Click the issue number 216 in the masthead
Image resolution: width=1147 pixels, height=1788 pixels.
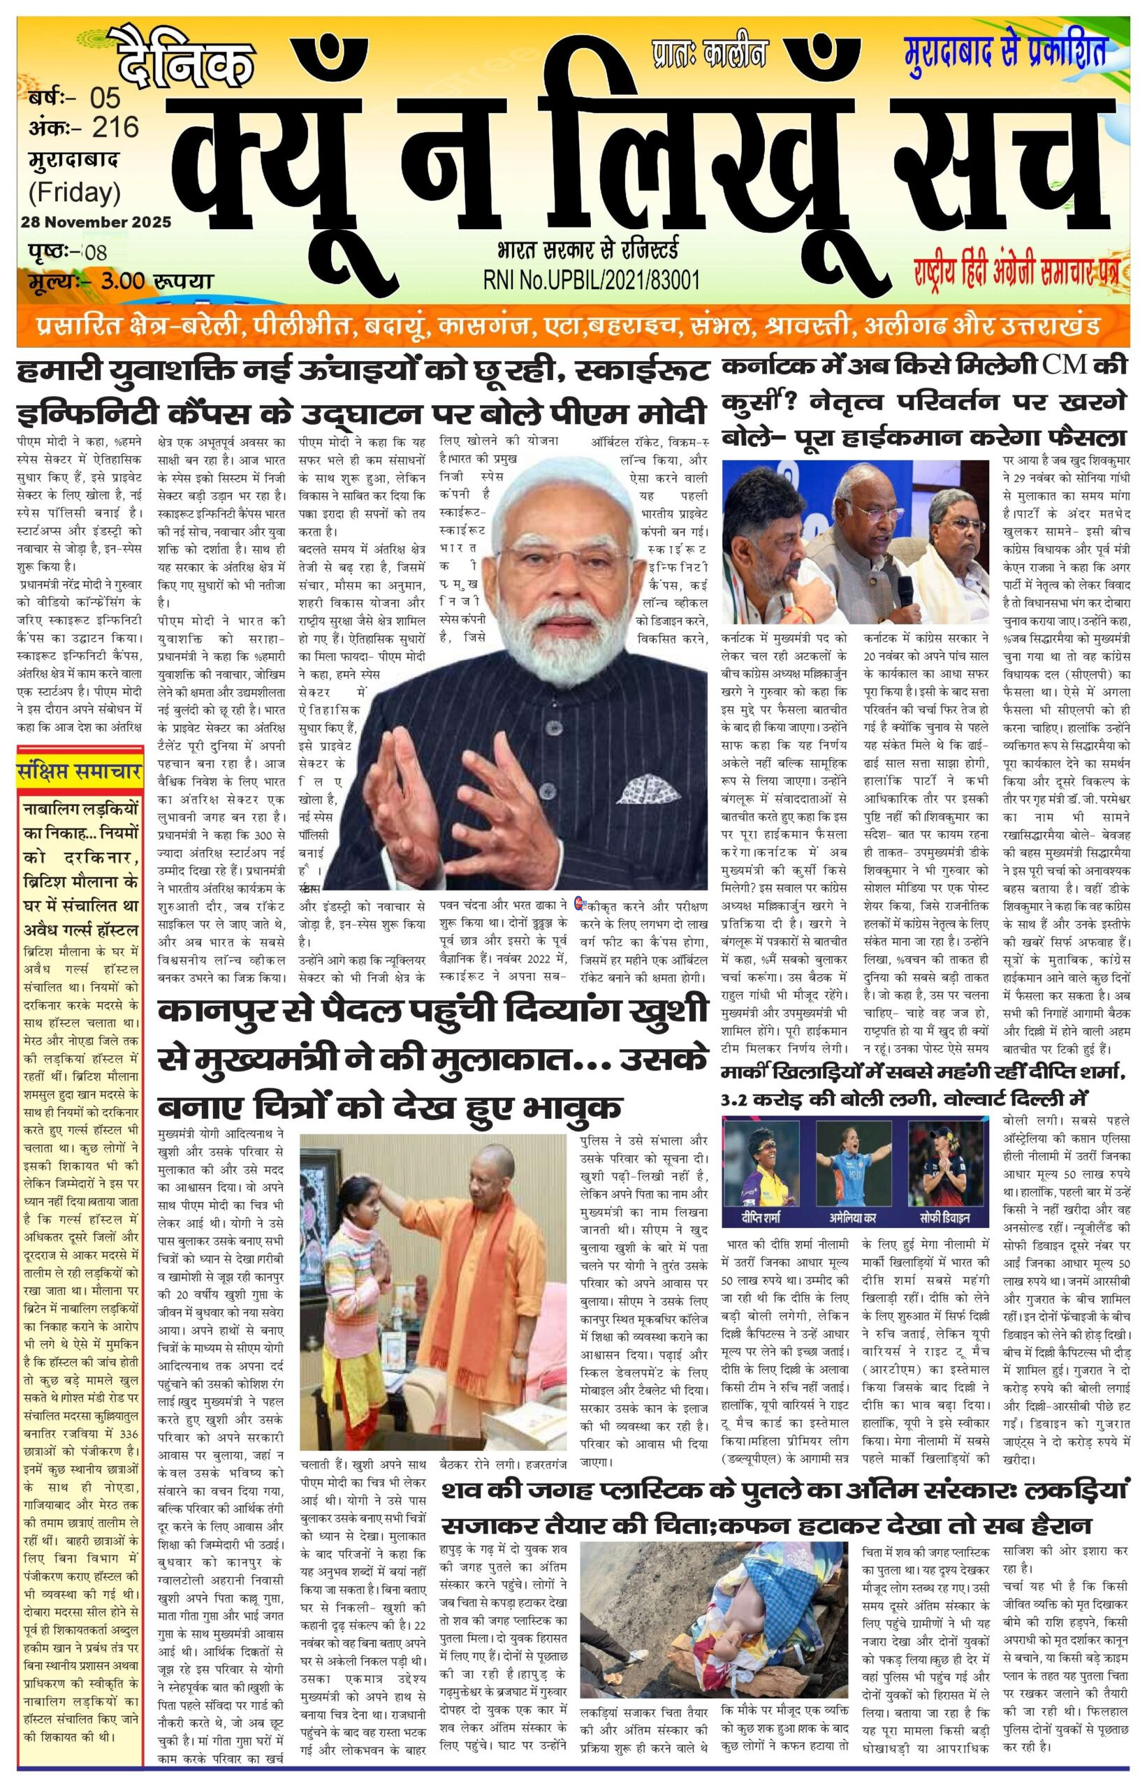(115, 127)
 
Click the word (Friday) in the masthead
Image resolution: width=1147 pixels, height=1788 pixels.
(75, 193)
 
